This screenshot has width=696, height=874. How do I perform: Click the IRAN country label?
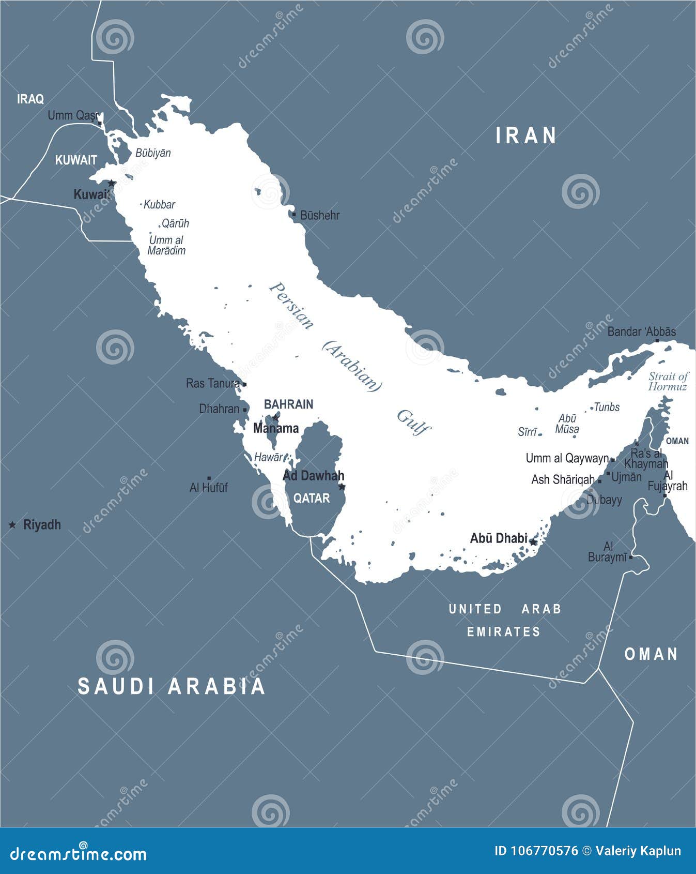(x=526, y=135)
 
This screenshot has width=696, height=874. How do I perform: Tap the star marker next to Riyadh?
(x=12, y=525)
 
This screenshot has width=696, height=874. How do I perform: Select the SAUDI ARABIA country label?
(x=171, y=686)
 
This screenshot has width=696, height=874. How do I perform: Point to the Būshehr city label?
(x=319, y=215)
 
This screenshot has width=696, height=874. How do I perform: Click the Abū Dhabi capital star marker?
(x=533, y=542)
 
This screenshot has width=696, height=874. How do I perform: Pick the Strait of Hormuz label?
(x=668, y=382)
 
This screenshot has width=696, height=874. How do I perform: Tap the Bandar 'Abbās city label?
(x=641, y=331)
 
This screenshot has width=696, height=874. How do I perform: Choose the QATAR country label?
(x=312, y=498)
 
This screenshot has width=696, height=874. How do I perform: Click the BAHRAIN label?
(x=288, y=404)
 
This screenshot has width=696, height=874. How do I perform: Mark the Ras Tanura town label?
(x=212, y=383)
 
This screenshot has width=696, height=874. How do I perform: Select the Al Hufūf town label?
(x=208, y=487)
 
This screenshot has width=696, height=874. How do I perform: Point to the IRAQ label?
(x=30, y=99)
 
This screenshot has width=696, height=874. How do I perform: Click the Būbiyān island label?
(x=153, y=153)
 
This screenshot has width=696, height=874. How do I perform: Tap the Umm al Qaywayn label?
(x=567, y=458)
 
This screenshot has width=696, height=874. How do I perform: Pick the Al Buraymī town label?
(x=608, y=552)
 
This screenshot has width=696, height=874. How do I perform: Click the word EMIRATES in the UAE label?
(x=504, y=631)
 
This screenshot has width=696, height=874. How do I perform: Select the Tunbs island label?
(x=607, y=407)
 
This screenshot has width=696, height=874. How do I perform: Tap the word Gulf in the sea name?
(x=413, y=423)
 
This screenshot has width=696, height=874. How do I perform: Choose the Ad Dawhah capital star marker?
(x=342, y=487)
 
